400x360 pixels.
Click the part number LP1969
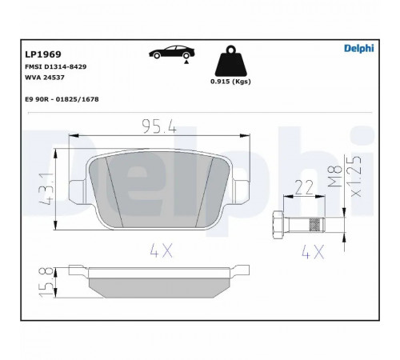coord(43,54)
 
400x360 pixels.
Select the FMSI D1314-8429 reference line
coord(55,66)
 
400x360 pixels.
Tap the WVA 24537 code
coord(45,78)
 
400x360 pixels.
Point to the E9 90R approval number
coord(62,99)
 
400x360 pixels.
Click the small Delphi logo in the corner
coord(359,48)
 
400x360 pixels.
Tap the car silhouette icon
coord(172,54)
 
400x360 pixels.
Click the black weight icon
coord(231,61)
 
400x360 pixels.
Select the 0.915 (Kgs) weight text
coord(230,82)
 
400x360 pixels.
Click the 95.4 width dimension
coord(159,126)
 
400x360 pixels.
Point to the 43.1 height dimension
coord(46,189)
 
